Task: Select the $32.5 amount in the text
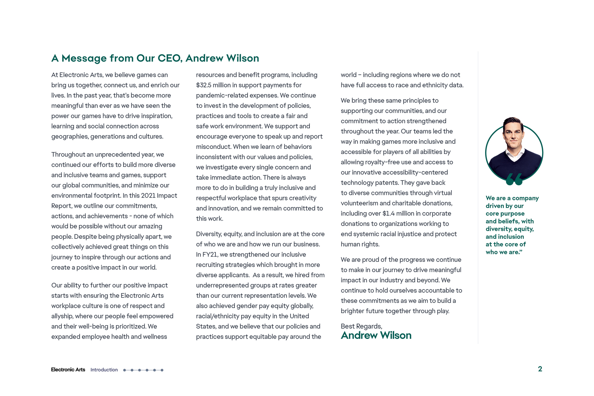pyautogui.click(x=205, y=85)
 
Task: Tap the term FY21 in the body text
pyautogui.click(x=211, y=255)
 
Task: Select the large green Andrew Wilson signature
pyautogui.click(x=376, y=335)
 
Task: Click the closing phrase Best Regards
pyautogui.click(x=361, y=326)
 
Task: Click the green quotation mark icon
pyautogui.click(x=514, y=179)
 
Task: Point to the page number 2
pyautogui.click(x=540, y=369)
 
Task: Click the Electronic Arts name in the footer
pyautogui.click(x=68, y=370)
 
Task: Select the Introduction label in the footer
pyautogui.click(x=104, y=370)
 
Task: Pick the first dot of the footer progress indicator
pyautogui.click(x=124, y=370)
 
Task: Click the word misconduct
pyautogui.click(x=213, y=147)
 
